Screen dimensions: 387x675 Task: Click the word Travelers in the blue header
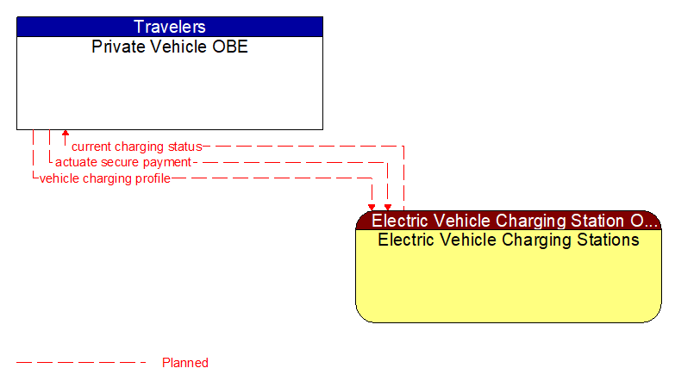tap(169, 27)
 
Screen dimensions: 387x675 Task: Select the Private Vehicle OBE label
tap(169, 47)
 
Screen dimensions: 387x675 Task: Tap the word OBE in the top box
tap(229, 47)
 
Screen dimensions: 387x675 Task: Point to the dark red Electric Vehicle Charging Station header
tap(508, 221)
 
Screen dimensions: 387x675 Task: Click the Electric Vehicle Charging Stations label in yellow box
tap(508, 240)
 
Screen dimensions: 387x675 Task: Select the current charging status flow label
tap(136, 147)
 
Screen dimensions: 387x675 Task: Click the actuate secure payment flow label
tap(122, 162)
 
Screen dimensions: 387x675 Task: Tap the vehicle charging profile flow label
tap(104, 178)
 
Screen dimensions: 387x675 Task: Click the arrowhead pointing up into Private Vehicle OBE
tap(65, 134)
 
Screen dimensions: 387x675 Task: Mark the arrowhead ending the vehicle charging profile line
tap(372, 207)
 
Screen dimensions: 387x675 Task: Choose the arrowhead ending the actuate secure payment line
tap(387, 207)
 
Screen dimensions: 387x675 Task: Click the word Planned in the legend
tap(184, 363)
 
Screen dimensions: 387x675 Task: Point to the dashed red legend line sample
tap(82, 363)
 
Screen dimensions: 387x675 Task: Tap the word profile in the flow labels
tap(152, 178)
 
